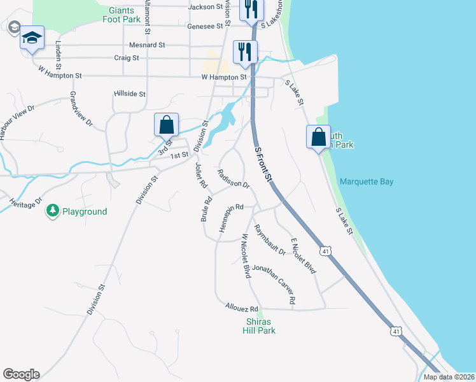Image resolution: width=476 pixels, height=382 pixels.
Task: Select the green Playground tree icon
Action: click(x=53, y=211)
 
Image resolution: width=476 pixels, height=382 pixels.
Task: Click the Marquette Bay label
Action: click(x=367, y=181)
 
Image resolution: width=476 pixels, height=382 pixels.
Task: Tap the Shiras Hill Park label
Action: click(x=260, y=326)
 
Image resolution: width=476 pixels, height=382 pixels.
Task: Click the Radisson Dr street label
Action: click(x=233, y=178)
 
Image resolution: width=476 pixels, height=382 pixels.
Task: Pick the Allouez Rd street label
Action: click(x=241, y=307)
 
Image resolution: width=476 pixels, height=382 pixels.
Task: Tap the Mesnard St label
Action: click(x=147, y=45)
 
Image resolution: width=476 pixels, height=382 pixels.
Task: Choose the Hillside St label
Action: click(x=130, y=94)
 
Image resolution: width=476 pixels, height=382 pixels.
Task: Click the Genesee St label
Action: click(x=205, y=27)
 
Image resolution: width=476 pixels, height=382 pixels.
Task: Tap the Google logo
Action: click(x=21, y=374)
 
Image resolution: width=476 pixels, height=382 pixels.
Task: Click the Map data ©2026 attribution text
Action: click(x=448, y=377)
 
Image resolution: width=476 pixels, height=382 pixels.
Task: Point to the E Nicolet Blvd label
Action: click(x=303, y=256)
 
